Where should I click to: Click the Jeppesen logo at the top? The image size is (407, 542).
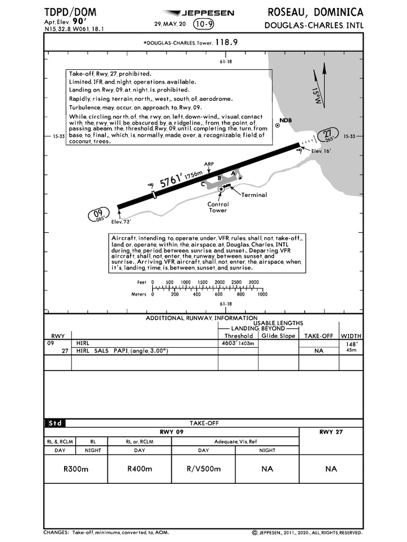pyautogui.click(x=197, y=13)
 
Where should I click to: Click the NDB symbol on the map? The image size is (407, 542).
pyautogui.click(x=277, y=126)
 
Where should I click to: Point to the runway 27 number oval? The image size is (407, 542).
pyautogui.click(x=329, y=135)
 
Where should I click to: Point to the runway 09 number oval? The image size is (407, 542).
pyautogui.click(x=98, y=215)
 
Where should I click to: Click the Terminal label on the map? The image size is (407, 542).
pyautogui.click(x=254, y=195)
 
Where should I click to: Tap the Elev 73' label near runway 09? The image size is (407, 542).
pyautogui.click(x=120, y=222)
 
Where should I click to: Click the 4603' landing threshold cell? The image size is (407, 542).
pyautogui.click(x=238, y=343)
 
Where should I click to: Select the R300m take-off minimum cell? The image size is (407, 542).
pyautogui.click(x=76, y=468)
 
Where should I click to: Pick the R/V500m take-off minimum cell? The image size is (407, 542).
pyautogui.click(x=203, y=468)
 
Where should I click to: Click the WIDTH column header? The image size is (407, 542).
pyautogui.click(x=351, y=336)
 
